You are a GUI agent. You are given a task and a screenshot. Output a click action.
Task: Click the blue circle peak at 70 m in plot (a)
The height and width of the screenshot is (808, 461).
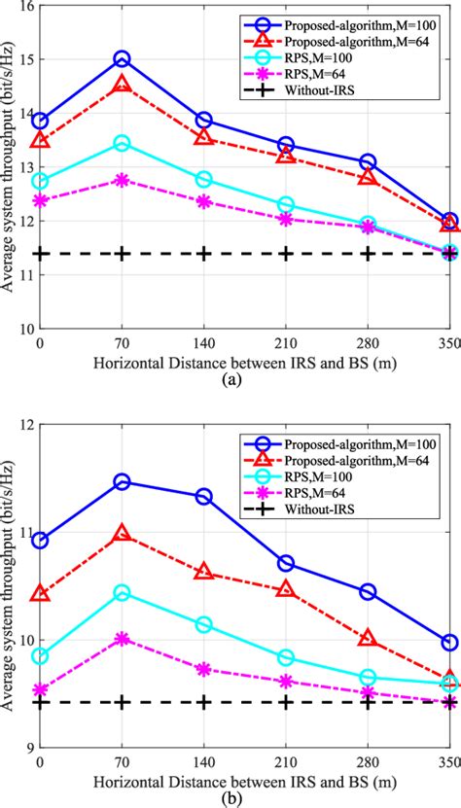(122, 60)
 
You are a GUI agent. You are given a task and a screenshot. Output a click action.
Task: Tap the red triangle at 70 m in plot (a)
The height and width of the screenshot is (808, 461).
(122, 85)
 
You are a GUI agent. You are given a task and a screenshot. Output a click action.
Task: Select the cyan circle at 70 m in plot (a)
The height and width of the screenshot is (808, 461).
(122, 143)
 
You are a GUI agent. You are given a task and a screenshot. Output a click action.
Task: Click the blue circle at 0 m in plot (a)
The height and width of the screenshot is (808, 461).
(40, 121)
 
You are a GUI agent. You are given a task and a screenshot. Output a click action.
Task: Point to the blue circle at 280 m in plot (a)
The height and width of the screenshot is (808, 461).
(368, 162)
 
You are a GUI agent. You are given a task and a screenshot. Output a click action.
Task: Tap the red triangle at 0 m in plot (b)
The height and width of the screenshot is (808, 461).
(40, 593)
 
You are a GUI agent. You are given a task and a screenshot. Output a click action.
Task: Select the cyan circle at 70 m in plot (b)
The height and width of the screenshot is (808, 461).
(122, 592)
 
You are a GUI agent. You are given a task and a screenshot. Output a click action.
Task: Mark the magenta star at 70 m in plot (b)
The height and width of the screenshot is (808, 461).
(122, 639)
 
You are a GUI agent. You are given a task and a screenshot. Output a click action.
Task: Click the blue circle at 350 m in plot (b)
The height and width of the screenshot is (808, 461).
(449, 642)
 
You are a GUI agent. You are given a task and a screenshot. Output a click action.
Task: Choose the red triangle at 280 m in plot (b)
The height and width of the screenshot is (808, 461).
(368, 638)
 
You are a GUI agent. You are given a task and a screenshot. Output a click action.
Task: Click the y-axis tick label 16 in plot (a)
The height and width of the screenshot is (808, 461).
(18, 7)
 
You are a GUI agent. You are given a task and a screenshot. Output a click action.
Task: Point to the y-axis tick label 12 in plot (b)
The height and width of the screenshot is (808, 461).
(18, 425)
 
